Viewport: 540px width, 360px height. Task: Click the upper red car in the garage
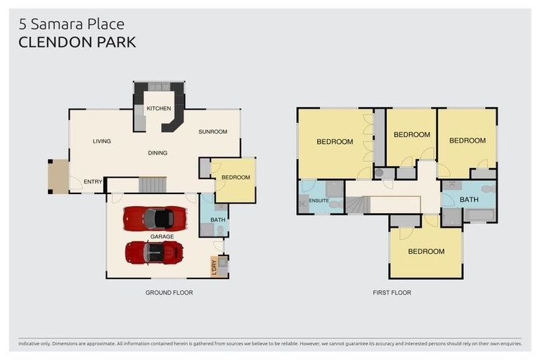click(x=155, y=218)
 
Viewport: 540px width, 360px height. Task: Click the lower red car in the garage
click(x=154, y=252)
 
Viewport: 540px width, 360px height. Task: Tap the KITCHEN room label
click(x=159, y=108)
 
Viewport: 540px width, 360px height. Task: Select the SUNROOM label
click(x=213, y=131)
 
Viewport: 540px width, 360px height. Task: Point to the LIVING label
click(x=102, y=141)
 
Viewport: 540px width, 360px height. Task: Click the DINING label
click(x=157, y=153)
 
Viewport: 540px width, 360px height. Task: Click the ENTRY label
click(x=93, y=182)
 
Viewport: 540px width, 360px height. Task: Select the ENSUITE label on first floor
click(x=319, y=200)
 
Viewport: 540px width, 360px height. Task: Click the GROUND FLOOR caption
click(x=169, y=292)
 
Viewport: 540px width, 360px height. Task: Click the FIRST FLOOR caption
click(x=392, y=292)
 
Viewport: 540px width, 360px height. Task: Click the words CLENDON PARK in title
click(x=77, y=42)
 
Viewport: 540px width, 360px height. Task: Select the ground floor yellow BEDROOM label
click(x=236, y=177)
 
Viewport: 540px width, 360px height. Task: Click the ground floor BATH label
click(x=218, y=221)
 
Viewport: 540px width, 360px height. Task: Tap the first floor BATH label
click(x=469, y=200)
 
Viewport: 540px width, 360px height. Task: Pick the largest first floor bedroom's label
click(x=335, y=141)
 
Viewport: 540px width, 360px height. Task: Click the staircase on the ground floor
click(x=152, y=185)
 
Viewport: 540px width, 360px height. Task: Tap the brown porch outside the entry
click(x=58, y=176)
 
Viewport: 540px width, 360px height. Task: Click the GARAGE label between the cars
click(x=162, y=237)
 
